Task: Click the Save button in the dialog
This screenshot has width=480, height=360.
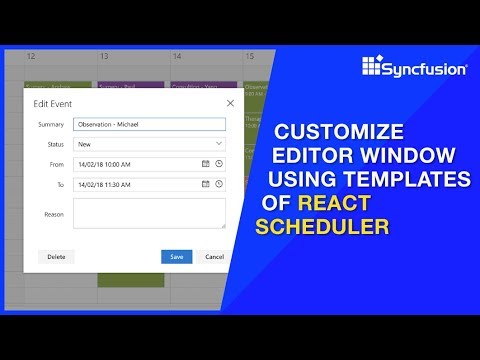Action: [176, 256]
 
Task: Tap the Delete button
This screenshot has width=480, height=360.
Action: [56, 256]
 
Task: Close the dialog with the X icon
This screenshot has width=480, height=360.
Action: [230, 102]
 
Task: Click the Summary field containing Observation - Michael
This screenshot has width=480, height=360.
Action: [150, 124]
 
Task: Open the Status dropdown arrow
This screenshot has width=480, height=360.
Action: [219, 144]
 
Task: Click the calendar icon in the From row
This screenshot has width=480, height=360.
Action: [206, 163]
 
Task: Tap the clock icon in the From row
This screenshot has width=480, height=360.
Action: [219, 163]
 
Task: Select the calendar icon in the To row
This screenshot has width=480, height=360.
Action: [206, 184]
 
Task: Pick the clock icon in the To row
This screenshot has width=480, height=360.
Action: [219, 184]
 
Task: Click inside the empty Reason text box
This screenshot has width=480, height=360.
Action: [150, 213]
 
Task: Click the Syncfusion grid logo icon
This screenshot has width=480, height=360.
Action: [372, 66]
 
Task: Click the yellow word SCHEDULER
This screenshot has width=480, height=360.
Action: [322, 227]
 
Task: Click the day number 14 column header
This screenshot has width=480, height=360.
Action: [177, 57]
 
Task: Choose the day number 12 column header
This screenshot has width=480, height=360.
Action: [33, 57]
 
